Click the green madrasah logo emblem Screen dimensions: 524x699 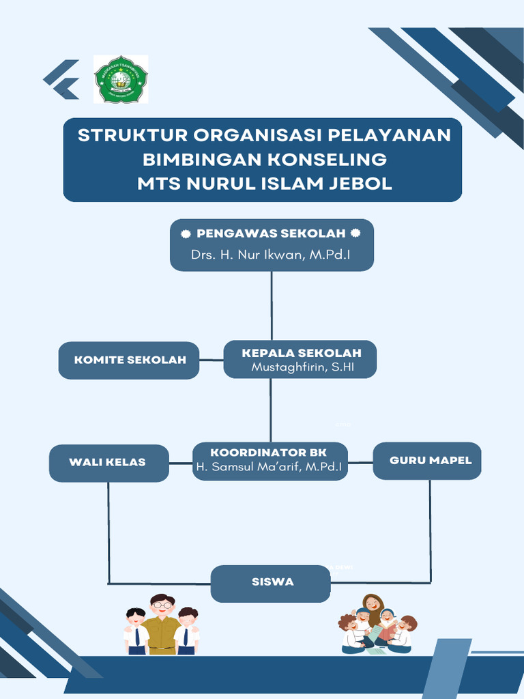click(121, 79)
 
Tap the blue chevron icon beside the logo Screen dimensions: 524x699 click(61, 79)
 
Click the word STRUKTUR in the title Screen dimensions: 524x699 click(130, 135)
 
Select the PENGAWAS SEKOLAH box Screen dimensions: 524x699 click(272, 244)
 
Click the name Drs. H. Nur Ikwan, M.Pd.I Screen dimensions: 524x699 click(272, 255)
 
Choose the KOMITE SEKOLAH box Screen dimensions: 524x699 click(129, 360)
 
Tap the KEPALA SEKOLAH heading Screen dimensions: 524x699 click(301, 352)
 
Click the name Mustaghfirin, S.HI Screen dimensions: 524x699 click(303, 367)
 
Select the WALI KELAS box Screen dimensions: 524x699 click(108, 462)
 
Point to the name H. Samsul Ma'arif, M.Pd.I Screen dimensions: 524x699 click(269, 467)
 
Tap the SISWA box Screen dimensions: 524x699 click(271, 582)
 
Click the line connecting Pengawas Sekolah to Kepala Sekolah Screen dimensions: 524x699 click(272, 305)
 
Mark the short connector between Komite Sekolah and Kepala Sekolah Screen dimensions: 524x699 click(212, 359)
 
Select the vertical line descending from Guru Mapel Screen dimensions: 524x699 click(430, 526)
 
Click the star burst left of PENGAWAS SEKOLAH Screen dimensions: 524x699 click(186, 233)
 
